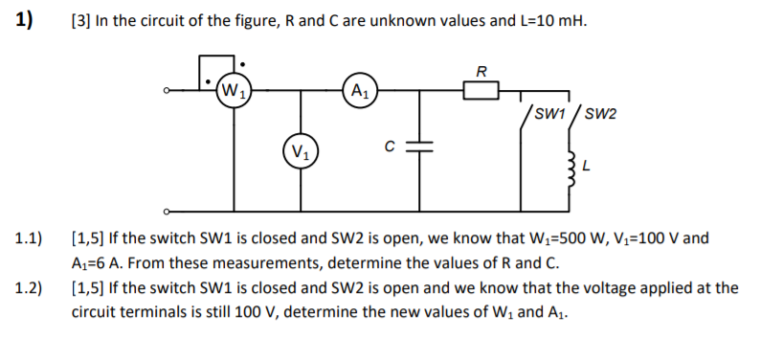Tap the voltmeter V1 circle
tap(302, 151)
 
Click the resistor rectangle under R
tap(481, 92)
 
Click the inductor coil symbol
tap(573, 171)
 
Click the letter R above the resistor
tap(481, 70)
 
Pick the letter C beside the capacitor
tap(389, 146)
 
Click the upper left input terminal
tap(167, 92)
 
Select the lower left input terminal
tap(167, 210)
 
